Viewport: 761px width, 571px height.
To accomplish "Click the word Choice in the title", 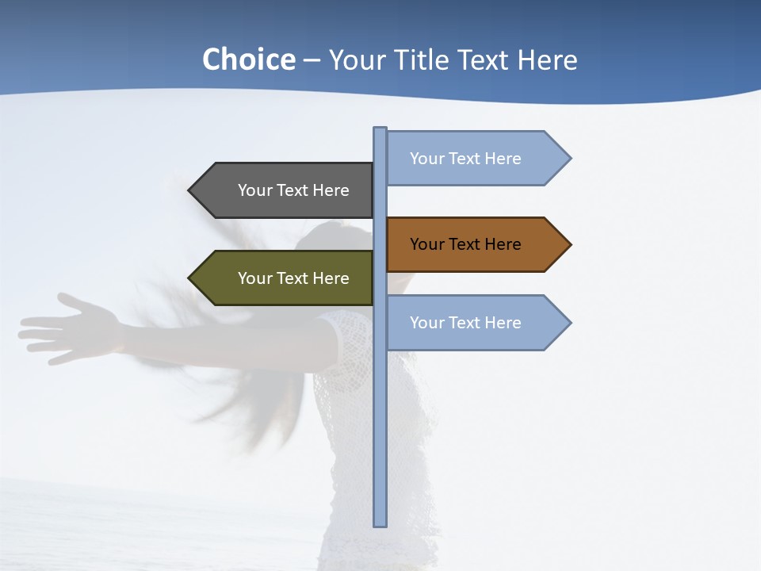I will point(248,59).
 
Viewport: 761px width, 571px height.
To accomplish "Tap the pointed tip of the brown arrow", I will point(568,244).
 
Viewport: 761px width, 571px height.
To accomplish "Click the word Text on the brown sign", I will point(465,244).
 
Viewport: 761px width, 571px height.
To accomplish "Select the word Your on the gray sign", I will point(255,190).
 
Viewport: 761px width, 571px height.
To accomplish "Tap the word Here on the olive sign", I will point(331,278).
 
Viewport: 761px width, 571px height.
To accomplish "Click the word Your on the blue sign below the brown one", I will point(427,323).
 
